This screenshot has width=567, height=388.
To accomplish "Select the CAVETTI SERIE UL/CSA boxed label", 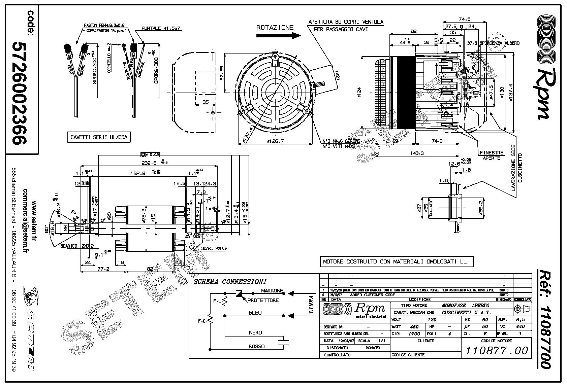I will [x=99, y=137].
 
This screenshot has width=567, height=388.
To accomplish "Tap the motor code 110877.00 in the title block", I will [x=497, y=351].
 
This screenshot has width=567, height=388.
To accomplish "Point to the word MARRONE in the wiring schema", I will [x=272, y=291].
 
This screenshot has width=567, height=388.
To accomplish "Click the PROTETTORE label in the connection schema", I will [x=263, y=300].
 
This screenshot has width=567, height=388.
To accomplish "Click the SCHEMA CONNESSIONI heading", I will [x=230, y=282].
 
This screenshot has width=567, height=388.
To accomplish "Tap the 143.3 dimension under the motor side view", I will [x=417, y=153].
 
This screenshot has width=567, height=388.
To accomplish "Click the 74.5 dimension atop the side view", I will [x=464, y=19].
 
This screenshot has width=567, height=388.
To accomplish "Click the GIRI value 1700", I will [x=414, y=334].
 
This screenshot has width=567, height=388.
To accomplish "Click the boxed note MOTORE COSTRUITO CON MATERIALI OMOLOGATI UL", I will [x=396, y=261].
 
